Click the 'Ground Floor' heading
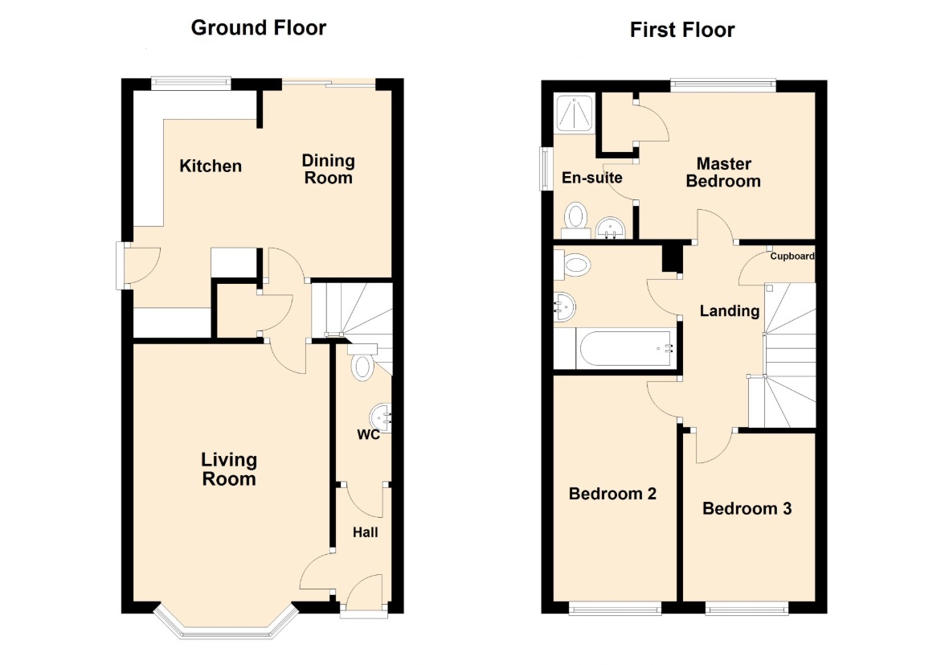pyautogui.click(x=259, y=27)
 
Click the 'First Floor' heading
pyautogui.click(x=682, y=30)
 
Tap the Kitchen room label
pyautogui.click(x=211, y=166)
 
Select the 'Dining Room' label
pyautogui.click(x=328, y=169)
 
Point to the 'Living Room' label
pyautogui.click(x=229, y=469)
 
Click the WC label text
pyautogui.click(x=368, y=435)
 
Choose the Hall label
pyautogui.click(x=365, y=532)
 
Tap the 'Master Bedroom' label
pyautogui.click(x=723, y=172)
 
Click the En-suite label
pyautogui.click(x=591, y=177)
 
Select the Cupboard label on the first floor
pyautogui.click(x=792, y=256)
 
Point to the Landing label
pyautogui.click(x=730, y=310)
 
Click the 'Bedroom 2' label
pyautogui.click(x=612, y=494)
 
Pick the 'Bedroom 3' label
pyautogui.click(x=747, y=508)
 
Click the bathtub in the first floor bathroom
pyautogui.click(x=624, y=348)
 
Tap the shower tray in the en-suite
pyautogui.click(x=575, y=112)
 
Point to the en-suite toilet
pyautogui.click(x=576, y=220)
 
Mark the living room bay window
pyautogui.click(x=226, y=622)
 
